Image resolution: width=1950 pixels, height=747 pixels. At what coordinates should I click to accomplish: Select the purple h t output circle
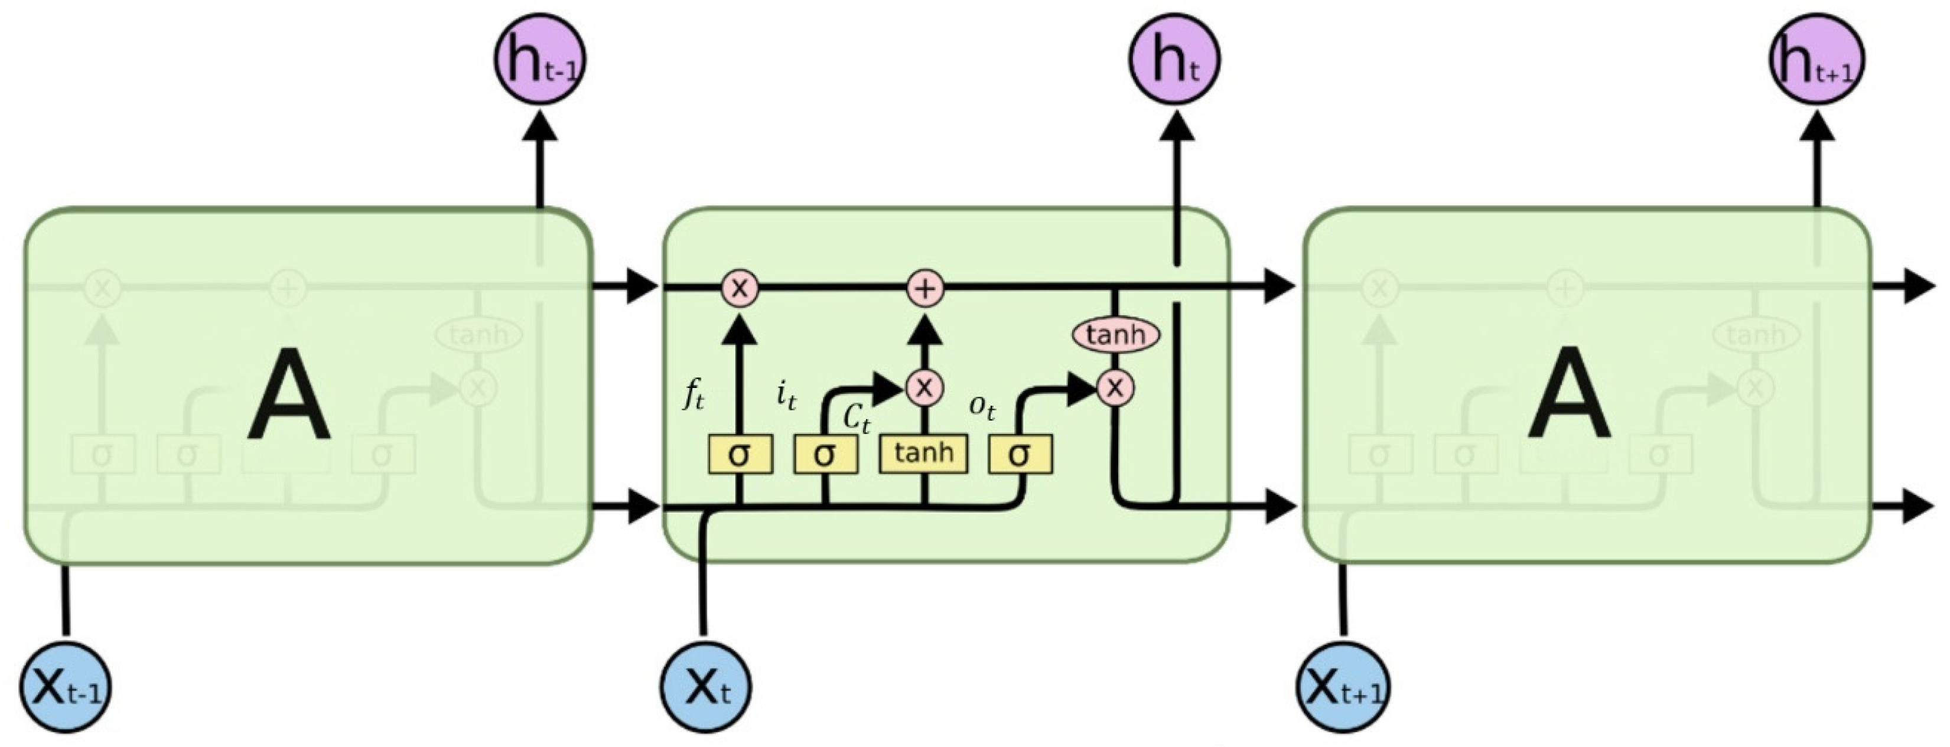click(1174, 59)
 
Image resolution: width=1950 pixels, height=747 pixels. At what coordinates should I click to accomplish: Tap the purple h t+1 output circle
click(1816, 59)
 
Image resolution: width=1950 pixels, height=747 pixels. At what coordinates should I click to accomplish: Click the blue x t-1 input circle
click(65, 687)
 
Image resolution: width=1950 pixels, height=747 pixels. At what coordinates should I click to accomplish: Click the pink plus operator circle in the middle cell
click(925, 288)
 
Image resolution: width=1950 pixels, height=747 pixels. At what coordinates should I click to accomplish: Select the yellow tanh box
click(923, 454)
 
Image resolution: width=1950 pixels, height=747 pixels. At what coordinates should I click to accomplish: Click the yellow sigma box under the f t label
click(740, 454)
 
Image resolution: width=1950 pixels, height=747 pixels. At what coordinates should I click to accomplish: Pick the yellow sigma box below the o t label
click(1020, 454)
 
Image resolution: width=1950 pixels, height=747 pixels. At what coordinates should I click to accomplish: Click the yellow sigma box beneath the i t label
click(825, 454)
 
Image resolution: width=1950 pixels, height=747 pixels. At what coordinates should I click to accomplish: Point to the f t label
click(693, 394)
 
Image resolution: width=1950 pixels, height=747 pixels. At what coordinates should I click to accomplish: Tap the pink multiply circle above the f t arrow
click(740, 288)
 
